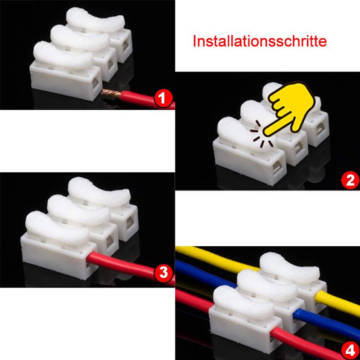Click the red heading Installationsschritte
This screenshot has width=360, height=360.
point(259,42)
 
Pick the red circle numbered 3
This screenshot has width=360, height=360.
point(162,272)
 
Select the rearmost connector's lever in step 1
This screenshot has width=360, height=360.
point(97,20)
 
